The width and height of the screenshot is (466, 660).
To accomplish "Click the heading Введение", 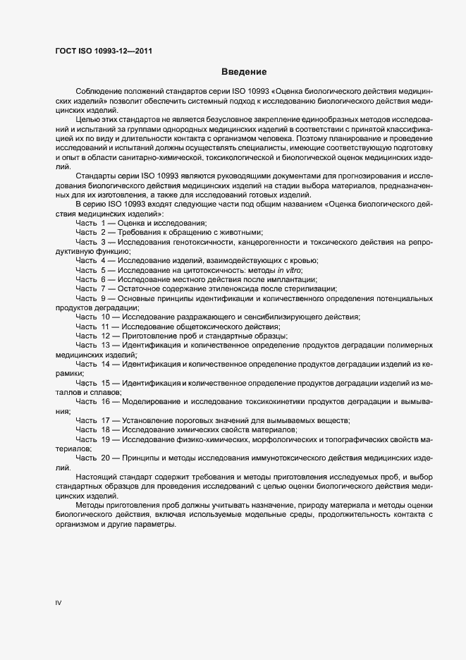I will click(x=243, y=72).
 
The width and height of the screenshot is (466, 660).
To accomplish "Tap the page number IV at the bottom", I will click(x=59, y=604).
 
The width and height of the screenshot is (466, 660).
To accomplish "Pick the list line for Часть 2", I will click(x=169, y=232).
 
